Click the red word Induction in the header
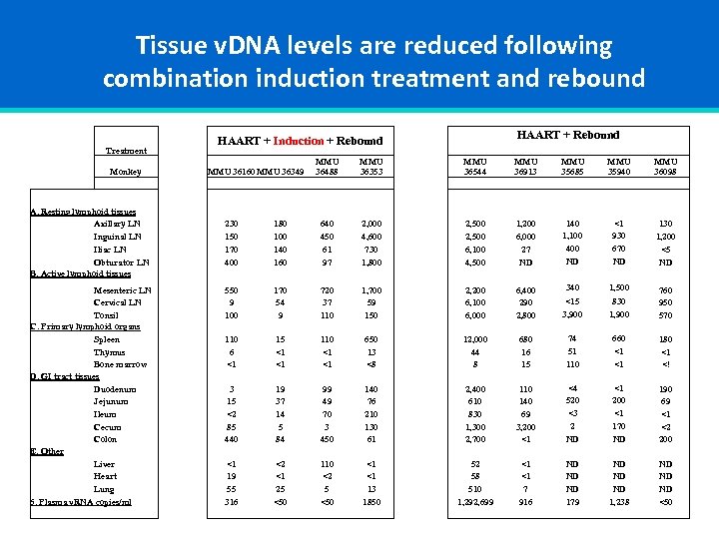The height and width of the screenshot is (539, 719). [x=298, y=141]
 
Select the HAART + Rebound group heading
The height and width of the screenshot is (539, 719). [x=567, y=135]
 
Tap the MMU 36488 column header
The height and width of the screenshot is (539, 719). [x=327, y=167]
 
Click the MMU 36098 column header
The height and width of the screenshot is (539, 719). [x=665, y=167]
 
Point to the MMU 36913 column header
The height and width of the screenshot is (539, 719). [x=524, y=167]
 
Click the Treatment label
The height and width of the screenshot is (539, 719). [x=126, y=151]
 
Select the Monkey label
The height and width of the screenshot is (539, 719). [x=128, y=172]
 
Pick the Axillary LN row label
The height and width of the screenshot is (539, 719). [x=117, y=224]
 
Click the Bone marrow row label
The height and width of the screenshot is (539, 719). [x=120, y=364]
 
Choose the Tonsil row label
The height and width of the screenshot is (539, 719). [x=106, y=314]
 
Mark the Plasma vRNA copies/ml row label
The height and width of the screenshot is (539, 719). [x=81, y=501]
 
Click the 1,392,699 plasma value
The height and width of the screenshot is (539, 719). [x=475, y=502]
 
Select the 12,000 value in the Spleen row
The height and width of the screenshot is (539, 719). [x=475, y=339]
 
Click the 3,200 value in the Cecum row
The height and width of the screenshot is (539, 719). [x=524, y=427]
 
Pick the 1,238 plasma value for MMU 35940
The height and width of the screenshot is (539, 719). [x=618, y=502]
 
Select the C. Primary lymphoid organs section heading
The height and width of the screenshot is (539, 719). [x=85, y=326]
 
